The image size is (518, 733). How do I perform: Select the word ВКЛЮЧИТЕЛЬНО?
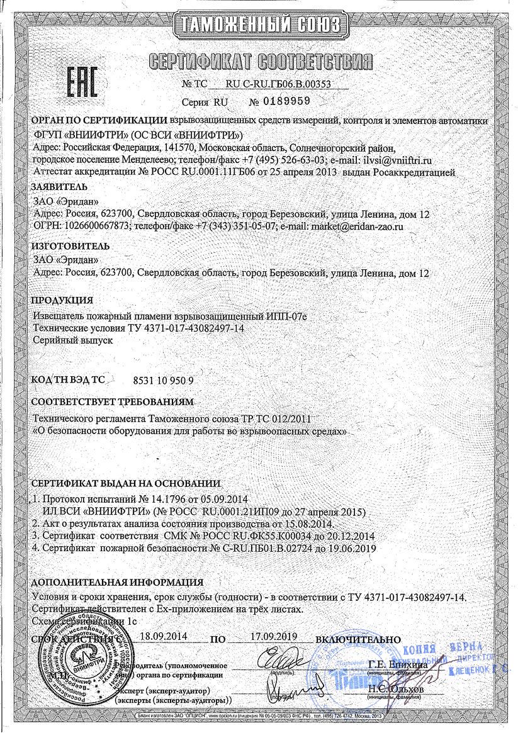click(358, 639)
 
